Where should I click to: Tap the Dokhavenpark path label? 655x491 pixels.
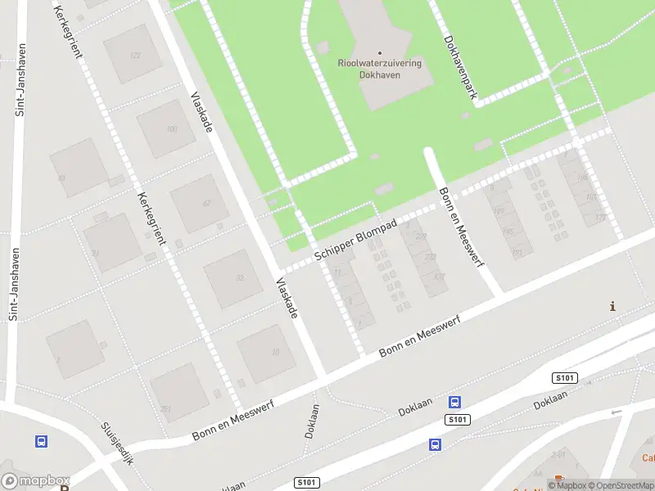tap(459, 67)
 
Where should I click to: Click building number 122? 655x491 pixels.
tap(135, 56)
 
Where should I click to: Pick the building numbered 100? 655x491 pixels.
tap(171, 129)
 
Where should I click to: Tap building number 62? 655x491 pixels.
tap(206, 204)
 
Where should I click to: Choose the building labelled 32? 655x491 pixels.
tap(239, 278)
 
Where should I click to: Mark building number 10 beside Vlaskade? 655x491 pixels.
tap(275, 352)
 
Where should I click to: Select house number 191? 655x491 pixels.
tap(517, 252)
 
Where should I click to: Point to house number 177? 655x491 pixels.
tap(600, 217)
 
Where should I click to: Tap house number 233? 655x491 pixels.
tap(431, 256)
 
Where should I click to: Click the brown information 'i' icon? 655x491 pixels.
tap(612, 307)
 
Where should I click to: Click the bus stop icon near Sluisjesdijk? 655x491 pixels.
tap(41, 441)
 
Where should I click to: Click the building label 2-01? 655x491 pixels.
tap(558, 453)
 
